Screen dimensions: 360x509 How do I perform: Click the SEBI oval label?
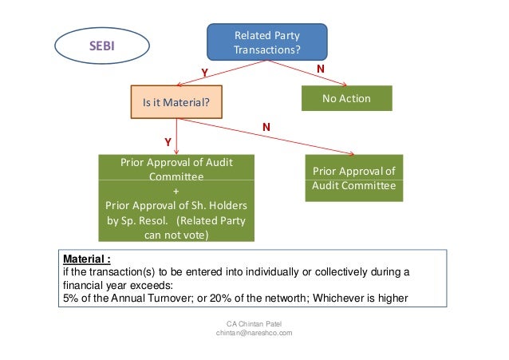[x=101, y=46]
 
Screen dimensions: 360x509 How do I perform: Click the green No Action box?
[x=347, y=99]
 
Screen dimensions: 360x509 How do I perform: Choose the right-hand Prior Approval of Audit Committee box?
[x=353, y=178]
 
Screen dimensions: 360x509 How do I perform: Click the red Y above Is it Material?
[x=204, y=72]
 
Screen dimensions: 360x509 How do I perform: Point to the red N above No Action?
[x=321, y=69]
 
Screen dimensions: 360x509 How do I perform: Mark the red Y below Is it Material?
[x=168, y=141]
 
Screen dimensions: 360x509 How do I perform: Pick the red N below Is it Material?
[x=266, y=127]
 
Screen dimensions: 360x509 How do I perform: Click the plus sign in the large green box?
[x=176, y=191]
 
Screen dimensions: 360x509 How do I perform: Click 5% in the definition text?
[x=70, y=299]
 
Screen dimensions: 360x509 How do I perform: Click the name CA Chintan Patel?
[x=254, y=323]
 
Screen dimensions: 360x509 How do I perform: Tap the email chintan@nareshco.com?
[x=254, y=333]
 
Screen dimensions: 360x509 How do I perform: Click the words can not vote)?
[x=176, y=235]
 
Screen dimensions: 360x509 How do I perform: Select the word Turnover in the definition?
[x=156, y=299]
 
